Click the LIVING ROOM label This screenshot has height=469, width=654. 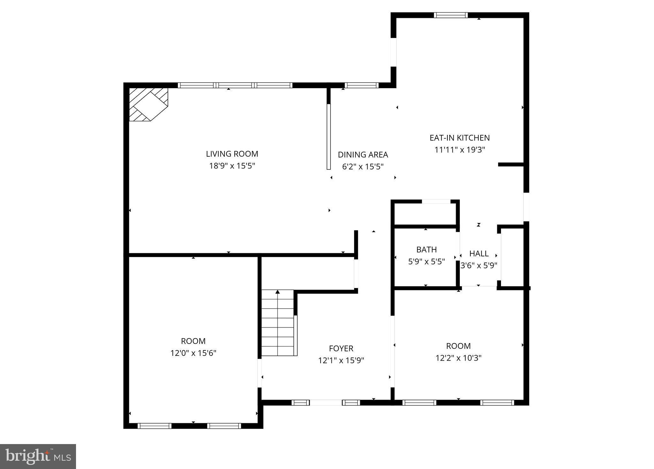click(232, 154)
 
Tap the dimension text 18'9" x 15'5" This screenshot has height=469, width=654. click(232, 166)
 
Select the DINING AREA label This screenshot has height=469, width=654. click(363, 155)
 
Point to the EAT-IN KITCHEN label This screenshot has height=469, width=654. click(460, 138)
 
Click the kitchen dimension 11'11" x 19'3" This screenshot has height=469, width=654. click(460, 150)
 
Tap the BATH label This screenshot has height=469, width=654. click(426, 249)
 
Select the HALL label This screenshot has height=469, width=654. click(479, 254)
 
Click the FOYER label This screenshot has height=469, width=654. click(341, 348)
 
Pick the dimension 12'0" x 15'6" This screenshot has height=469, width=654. click(193, 353)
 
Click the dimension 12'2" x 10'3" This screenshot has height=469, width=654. click(458, 358)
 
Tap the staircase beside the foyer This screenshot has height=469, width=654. click(278, 323)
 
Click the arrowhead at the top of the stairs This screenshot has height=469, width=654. click(278, 292)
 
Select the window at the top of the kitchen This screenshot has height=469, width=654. click(451, 15)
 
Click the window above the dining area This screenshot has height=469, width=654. click(361, 85)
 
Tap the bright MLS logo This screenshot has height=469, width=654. click(38, 456)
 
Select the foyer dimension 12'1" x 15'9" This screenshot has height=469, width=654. click(341, 361)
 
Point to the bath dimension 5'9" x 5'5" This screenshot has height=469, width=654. click(426, 262)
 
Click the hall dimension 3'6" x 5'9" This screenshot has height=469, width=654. click(479, 266)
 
